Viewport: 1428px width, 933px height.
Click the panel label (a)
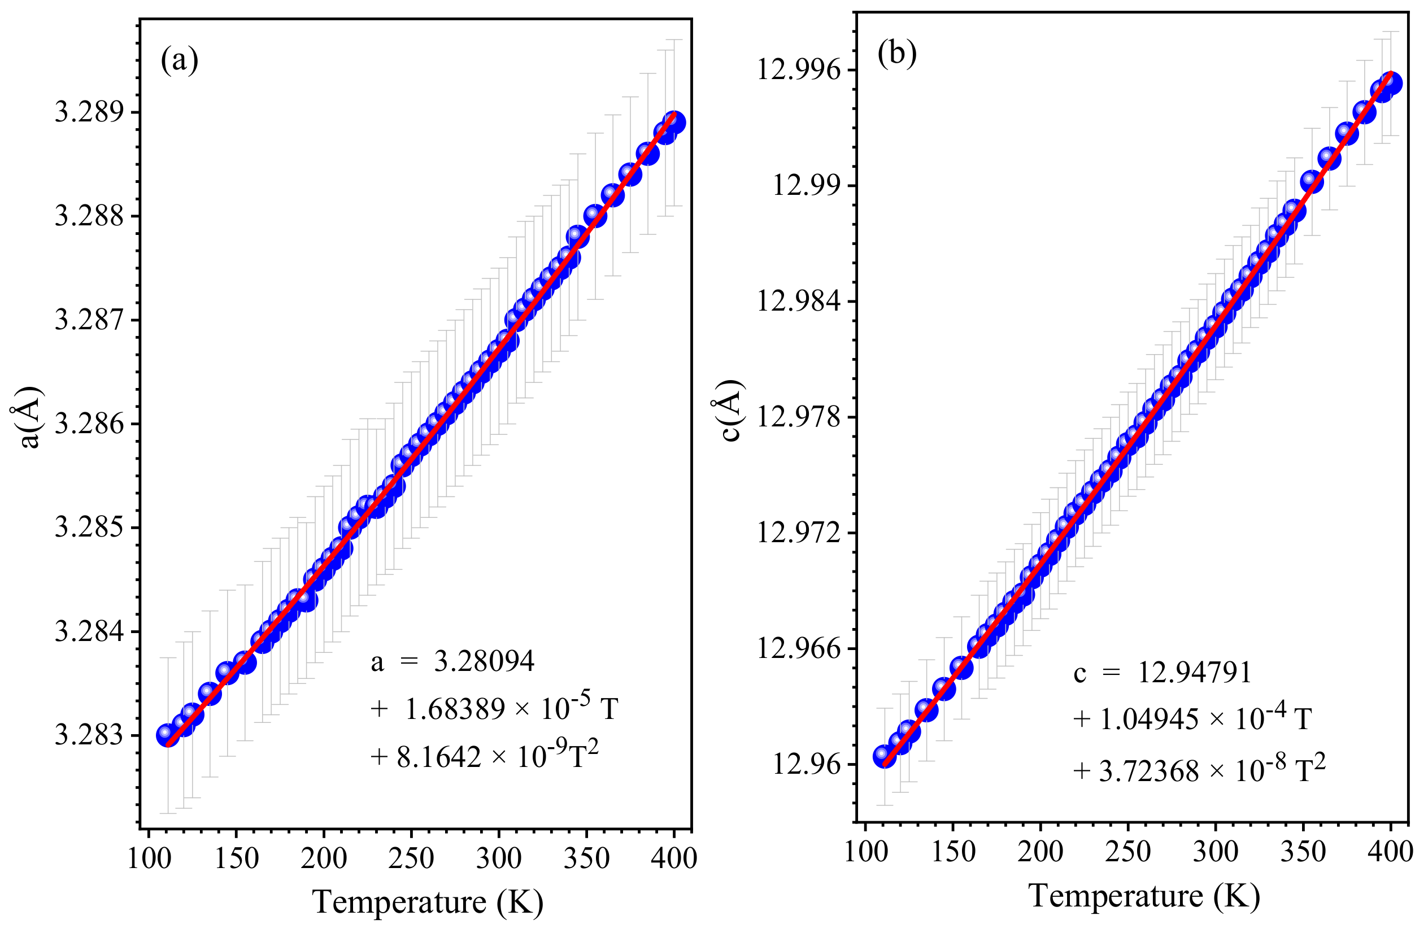pos(180,60)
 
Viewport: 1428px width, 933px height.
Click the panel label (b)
pos(897,54)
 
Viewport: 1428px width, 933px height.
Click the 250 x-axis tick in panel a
pos(411,858)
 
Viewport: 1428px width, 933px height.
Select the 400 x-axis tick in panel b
pos(1390,852)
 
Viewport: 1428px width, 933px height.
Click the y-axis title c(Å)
pos(732,411)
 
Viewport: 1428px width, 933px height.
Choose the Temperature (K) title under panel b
pos(1144,896)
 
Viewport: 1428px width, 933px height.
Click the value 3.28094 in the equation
pos(484,662)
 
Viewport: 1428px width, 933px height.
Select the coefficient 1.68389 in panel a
pos(455,709)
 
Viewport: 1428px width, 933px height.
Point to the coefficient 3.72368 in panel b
pos(1148,771)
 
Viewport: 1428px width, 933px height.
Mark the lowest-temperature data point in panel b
pos(884,756)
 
